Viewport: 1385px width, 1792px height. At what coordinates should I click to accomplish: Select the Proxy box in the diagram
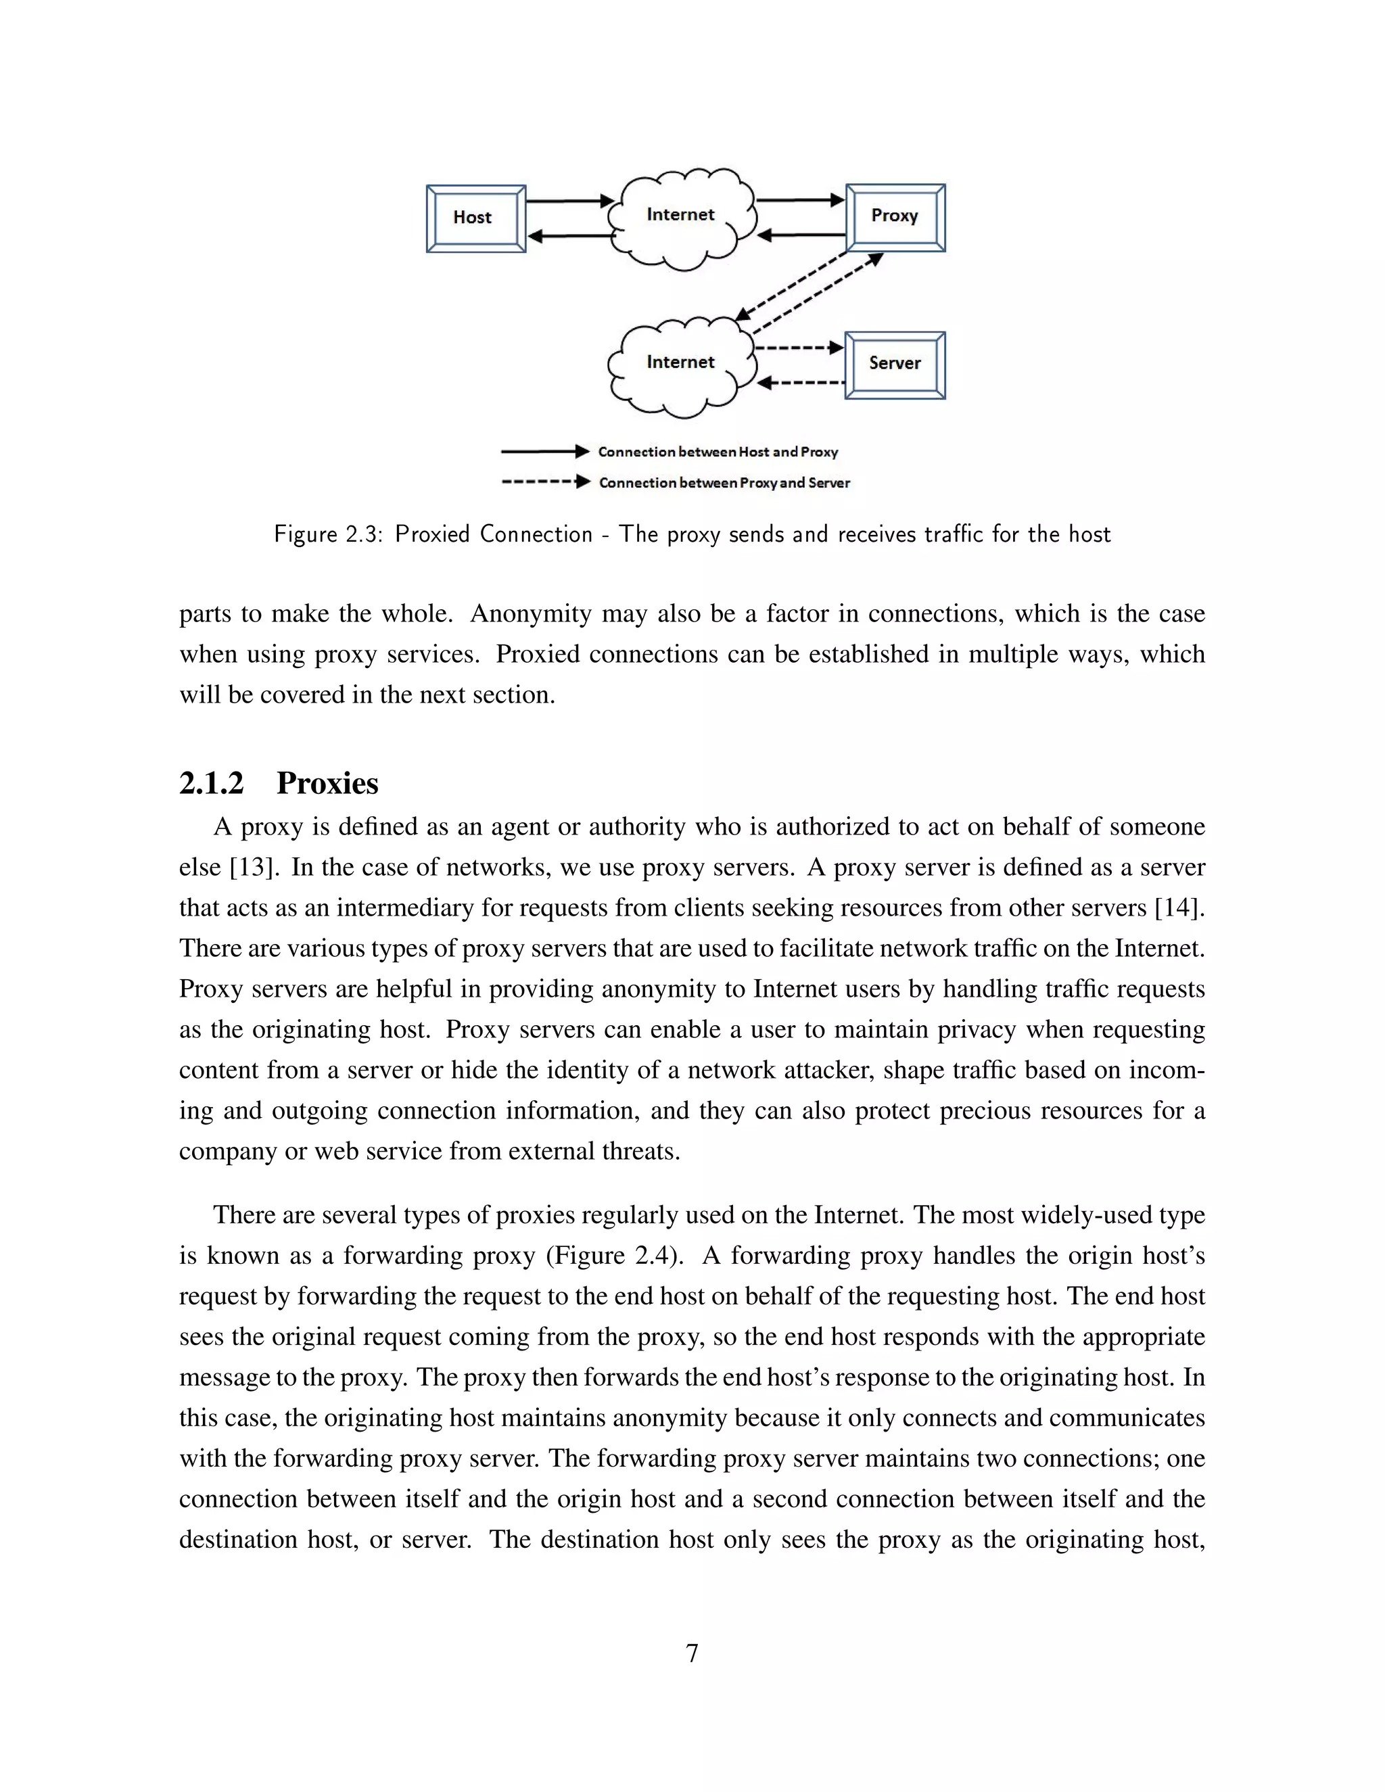895,216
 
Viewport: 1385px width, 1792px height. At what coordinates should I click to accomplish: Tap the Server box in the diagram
895,364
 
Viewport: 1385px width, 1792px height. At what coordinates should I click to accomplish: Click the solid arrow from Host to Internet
570,201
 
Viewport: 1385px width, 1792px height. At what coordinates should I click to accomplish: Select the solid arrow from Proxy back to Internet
801,236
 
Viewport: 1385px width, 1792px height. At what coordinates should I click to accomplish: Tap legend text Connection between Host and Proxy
718,452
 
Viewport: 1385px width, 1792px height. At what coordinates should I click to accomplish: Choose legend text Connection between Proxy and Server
724,484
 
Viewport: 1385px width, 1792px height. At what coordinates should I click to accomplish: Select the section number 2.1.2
212,784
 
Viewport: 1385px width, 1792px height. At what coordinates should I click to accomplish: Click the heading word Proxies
327,784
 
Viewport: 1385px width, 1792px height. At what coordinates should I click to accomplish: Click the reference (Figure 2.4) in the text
615,1255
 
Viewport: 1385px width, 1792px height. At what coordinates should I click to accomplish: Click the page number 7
692,1653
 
